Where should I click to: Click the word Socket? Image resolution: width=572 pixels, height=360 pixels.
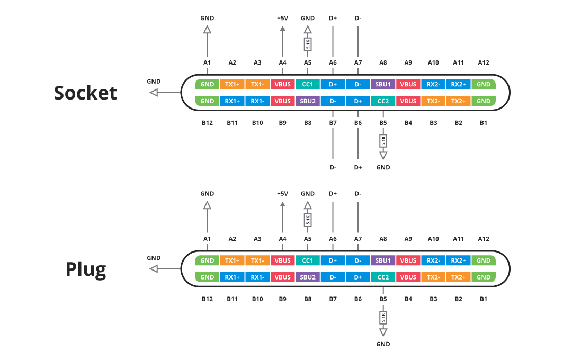click(x=85, y=93)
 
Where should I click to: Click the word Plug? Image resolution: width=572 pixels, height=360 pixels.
click(x=86, y=269)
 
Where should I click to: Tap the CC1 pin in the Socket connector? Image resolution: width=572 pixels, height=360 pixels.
click(x=308, y=84)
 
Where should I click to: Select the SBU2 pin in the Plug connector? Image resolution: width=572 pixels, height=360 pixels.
click(x=308, y=277)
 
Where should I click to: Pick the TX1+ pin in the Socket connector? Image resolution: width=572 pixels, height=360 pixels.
click(x=233, y=84)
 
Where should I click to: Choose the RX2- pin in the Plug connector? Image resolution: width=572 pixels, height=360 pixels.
click(x=433, y=260)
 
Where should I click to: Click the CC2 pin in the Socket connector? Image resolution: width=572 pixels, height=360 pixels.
click(x=383, y=101)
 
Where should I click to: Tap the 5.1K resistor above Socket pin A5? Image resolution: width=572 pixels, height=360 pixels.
click(x=308, y=44)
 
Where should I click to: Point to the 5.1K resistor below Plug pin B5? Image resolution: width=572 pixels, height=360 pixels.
click(x=383, y=318)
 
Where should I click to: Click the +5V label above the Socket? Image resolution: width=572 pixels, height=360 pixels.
click(x=282, y=18)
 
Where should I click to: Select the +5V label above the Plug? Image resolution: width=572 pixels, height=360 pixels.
click(x=282, y=194)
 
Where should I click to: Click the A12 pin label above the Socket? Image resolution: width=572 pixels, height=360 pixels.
click(x=484, y=62)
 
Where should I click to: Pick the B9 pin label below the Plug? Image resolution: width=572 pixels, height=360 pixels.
click(x=282, y=299)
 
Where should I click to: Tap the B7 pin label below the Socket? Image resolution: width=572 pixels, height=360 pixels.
click(x=333, y=123)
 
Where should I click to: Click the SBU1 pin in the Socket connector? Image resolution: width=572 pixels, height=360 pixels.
click(x=383, y=84)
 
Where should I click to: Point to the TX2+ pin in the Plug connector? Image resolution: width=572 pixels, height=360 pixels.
click(x=459, y=277)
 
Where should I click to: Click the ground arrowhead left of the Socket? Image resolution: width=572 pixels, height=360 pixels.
click(x=154, y=93)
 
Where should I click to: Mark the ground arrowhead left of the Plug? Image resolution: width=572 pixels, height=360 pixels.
click(x=154, y=269)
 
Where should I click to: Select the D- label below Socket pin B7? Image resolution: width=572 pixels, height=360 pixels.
click(x=333, y=167)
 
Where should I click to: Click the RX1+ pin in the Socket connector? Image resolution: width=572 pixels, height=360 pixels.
click(x=233, y=101)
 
